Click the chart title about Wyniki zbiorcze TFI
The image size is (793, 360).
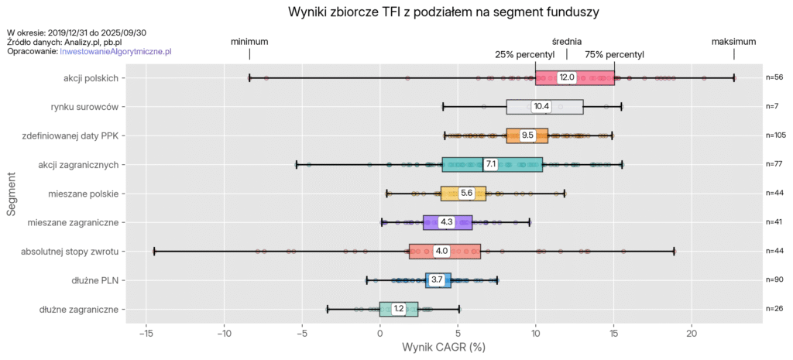444,12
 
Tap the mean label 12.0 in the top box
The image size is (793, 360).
567,77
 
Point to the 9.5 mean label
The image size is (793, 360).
527,135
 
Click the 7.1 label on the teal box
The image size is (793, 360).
490,164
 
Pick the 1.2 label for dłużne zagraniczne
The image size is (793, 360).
398,309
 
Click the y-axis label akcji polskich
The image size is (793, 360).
91,77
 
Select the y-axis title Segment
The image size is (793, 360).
12,194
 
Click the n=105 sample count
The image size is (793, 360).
775,135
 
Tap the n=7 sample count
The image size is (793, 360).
773,106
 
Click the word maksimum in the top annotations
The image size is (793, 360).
733,41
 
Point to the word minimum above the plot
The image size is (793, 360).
249,41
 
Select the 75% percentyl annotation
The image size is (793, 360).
614,54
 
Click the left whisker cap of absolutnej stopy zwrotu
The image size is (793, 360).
154,251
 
